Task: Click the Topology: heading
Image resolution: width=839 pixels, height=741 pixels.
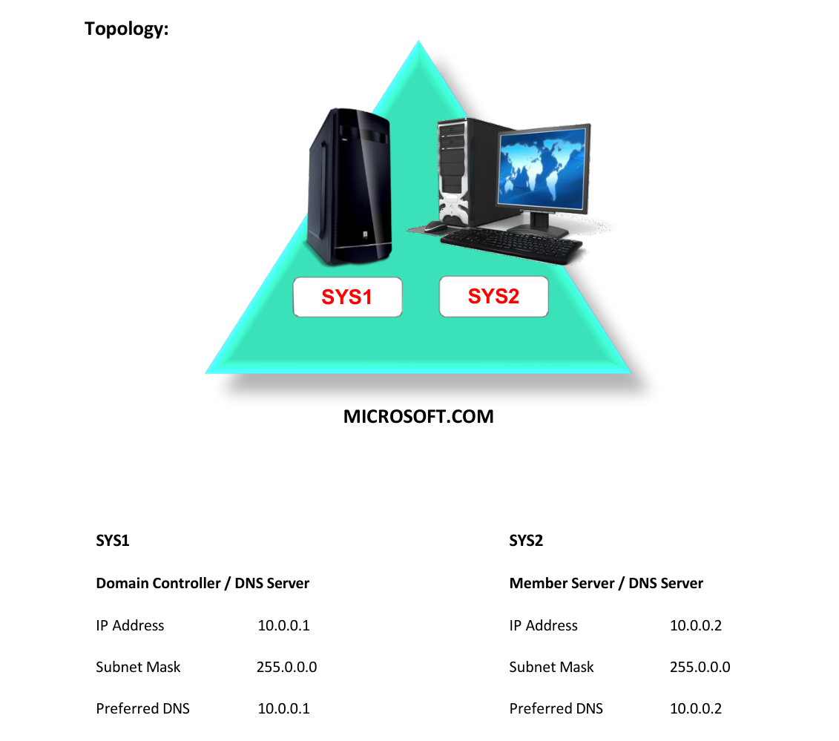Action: point(127,29)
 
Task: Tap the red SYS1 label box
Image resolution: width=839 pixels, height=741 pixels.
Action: point(347,297)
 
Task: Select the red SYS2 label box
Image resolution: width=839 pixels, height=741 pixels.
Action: point(494,297)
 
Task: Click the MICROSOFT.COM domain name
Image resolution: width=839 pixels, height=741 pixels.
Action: point(418,416)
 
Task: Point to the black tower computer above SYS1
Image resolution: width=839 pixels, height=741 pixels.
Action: point(349,186)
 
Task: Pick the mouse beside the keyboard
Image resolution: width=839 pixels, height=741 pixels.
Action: point(435,227)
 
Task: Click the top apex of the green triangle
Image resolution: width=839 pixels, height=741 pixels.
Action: point(418,41)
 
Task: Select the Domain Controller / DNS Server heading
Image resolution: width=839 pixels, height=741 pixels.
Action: point(203,583)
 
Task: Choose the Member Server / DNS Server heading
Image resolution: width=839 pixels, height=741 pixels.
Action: point(606,583)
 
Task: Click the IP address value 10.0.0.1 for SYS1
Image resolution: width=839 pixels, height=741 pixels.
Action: point(283,625)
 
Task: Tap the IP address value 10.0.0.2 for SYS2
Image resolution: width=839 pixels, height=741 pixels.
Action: point(696,625)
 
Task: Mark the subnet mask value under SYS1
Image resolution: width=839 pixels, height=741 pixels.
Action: point(287,667)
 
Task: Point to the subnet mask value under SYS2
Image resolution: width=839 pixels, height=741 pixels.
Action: point(700,667)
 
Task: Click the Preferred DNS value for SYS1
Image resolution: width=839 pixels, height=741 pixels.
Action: point(283,708)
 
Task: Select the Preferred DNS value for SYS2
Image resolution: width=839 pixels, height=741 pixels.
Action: point(696,708)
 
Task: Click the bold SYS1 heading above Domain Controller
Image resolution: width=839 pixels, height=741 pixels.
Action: point(112,541)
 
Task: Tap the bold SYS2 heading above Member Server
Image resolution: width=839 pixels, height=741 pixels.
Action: point(526,541)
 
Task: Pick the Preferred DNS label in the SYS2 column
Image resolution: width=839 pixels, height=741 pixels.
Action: point(556,708)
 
